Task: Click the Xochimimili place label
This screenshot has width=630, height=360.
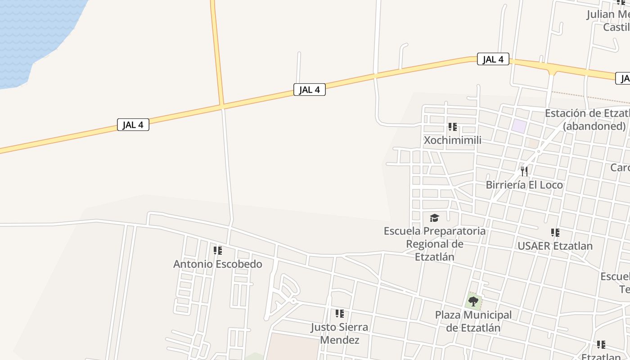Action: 453,140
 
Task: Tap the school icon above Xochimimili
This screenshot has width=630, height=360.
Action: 453,127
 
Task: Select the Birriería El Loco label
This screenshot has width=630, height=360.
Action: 524,184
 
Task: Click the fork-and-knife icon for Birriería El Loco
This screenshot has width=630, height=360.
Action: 524,171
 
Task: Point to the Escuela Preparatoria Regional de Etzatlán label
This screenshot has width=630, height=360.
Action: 434,243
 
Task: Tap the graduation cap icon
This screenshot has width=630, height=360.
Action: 434,218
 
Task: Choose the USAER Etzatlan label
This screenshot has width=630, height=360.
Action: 555,246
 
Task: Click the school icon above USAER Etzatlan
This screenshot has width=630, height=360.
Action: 555,233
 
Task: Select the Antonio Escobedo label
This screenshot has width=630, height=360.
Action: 218,264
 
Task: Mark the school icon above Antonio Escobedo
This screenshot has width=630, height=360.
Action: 218,250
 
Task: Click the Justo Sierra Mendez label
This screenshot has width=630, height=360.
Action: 339,333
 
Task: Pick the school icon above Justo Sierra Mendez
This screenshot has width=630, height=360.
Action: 340,313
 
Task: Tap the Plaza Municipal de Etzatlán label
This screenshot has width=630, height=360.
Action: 473,321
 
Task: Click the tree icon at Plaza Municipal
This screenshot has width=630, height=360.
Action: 473,301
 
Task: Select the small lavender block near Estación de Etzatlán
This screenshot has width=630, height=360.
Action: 519,126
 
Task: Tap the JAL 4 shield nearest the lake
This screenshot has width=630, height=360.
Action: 133,125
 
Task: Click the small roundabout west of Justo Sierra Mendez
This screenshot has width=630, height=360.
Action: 293,301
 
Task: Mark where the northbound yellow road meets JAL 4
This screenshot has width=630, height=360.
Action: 222,106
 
